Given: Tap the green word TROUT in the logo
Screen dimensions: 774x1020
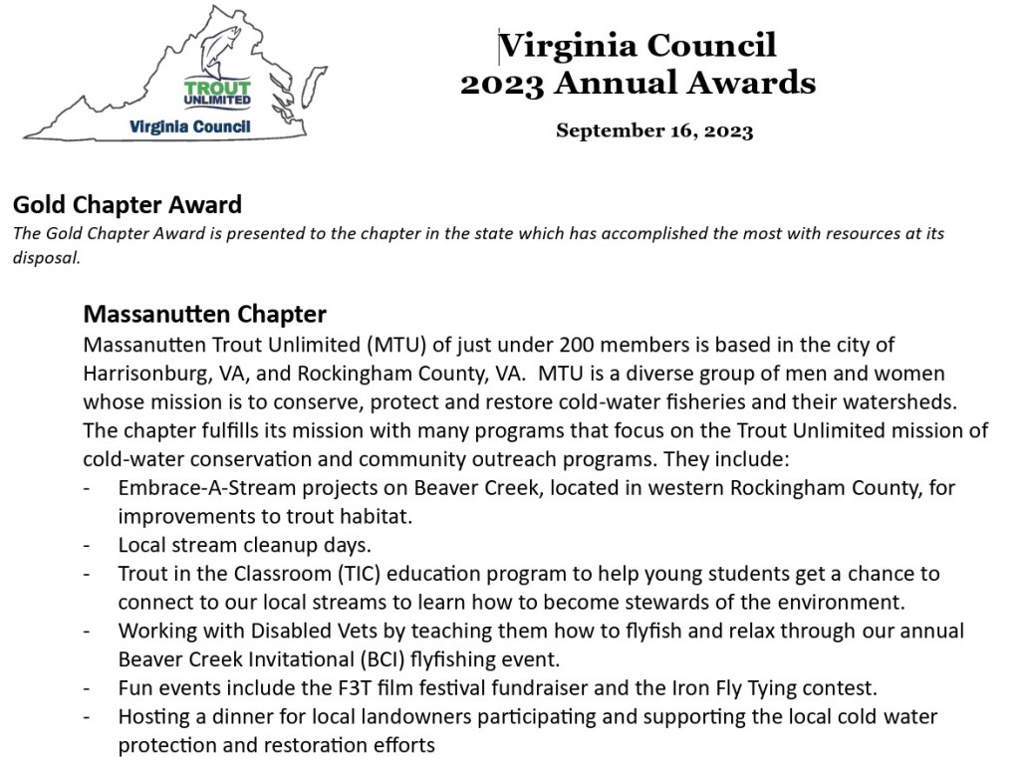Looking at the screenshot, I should click(x=217, y=88).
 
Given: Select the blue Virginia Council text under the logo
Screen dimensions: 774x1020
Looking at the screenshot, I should click(x=189, y=128).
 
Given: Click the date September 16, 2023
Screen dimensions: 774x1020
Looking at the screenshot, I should click(x=654, y=130).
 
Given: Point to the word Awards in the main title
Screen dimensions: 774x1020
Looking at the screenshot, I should click(x=752, y=83).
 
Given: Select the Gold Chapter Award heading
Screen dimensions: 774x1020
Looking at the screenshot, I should click(x=127, y=206).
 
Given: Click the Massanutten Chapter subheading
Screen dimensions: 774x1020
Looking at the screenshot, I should click(x=204, y=315).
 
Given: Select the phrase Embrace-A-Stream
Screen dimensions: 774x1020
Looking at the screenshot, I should click(x=190, y=489).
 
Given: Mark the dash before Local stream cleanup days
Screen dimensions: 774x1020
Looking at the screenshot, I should click(x=89, y=546).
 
